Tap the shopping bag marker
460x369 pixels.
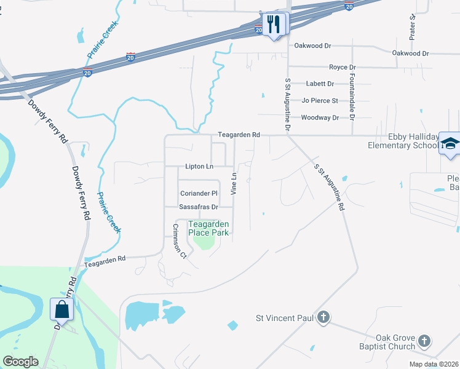62,309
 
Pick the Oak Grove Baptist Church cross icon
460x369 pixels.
424,340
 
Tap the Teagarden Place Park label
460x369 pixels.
208,228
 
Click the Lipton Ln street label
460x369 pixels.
199,167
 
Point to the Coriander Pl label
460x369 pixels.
199,193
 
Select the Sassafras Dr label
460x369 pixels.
199,207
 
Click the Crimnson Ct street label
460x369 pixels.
178,242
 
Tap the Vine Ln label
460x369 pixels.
234,184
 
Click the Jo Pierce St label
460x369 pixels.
320,100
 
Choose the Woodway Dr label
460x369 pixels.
320,117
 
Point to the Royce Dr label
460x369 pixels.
343,67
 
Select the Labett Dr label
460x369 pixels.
320,84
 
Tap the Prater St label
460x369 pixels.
413,26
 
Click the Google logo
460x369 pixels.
20,362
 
